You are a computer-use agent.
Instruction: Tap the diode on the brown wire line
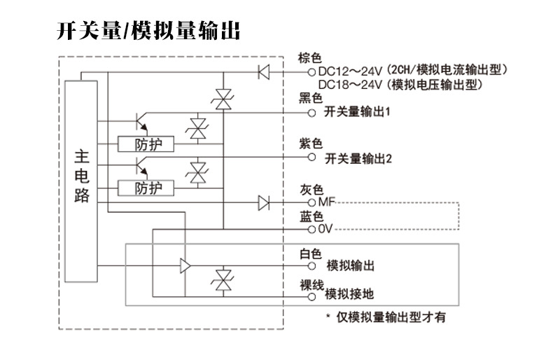click(x=264, y=71)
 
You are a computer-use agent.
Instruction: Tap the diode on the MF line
click(x=264, y=203)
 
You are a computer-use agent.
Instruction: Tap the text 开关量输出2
click(x=358, y=158)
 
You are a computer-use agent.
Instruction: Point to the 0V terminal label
click(x=325, y=229)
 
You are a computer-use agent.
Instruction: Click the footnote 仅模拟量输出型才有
click(x=390, y=317)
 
